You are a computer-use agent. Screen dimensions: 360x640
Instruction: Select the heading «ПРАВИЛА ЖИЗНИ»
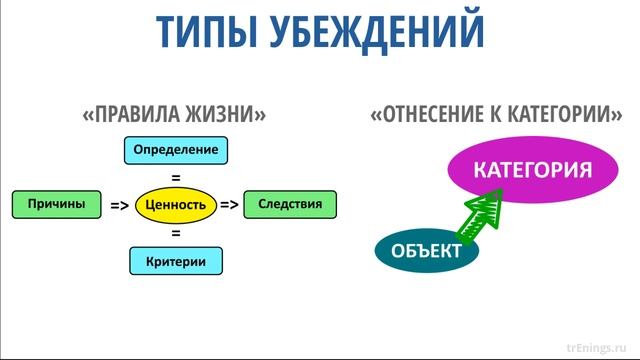174,114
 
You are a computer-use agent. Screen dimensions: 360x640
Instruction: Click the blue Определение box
175,151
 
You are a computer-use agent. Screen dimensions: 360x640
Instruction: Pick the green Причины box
56,204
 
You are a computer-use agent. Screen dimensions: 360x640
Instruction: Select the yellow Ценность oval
175,205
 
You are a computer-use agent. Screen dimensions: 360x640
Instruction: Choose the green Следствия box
290,204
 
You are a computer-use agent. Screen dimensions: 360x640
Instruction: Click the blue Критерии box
175,261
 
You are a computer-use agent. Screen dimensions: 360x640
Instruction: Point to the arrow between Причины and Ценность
120,205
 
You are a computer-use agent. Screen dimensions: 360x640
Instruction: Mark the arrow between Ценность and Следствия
229,205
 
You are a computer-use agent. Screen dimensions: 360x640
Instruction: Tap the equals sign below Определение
175,177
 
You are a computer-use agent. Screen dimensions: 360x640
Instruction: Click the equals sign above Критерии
175,233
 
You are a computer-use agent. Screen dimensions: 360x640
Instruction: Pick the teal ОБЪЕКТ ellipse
427,250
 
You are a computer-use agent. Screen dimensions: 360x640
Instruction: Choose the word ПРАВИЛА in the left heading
134,114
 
